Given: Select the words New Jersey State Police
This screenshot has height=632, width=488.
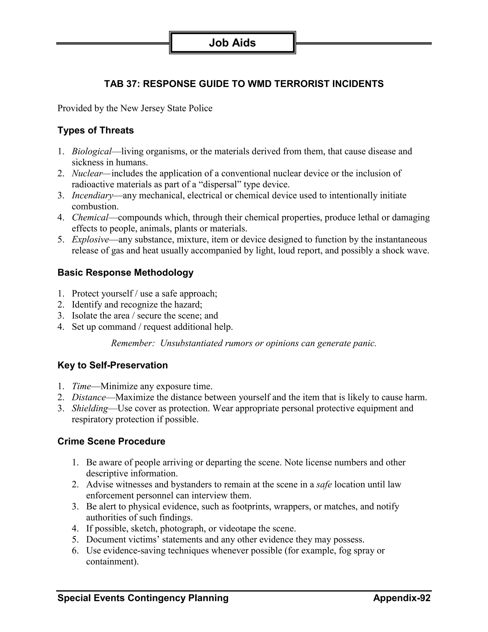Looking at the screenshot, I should coord(166,108).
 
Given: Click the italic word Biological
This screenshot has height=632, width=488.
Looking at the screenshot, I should coord(92,151).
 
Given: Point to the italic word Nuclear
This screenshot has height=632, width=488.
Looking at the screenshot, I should coord(87,173).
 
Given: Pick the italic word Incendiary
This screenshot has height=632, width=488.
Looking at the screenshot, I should coord(92,196).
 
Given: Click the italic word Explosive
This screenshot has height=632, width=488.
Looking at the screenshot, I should coord(90,240).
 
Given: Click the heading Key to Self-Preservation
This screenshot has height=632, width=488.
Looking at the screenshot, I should coord(112,365).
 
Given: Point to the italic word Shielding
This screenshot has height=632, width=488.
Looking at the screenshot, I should coord(90,408).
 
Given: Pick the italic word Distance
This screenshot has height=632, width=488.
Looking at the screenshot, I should coord(89,397).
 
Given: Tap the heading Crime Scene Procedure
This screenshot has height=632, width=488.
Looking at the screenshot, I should coord(111,441).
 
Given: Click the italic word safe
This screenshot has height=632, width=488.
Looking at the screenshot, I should coord(324,484).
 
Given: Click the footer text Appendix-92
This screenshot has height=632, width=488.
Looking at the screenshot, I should coord(402,598).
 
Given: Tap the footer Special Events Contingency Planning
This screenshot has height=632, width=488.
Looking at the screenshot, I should coord(143,598).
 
